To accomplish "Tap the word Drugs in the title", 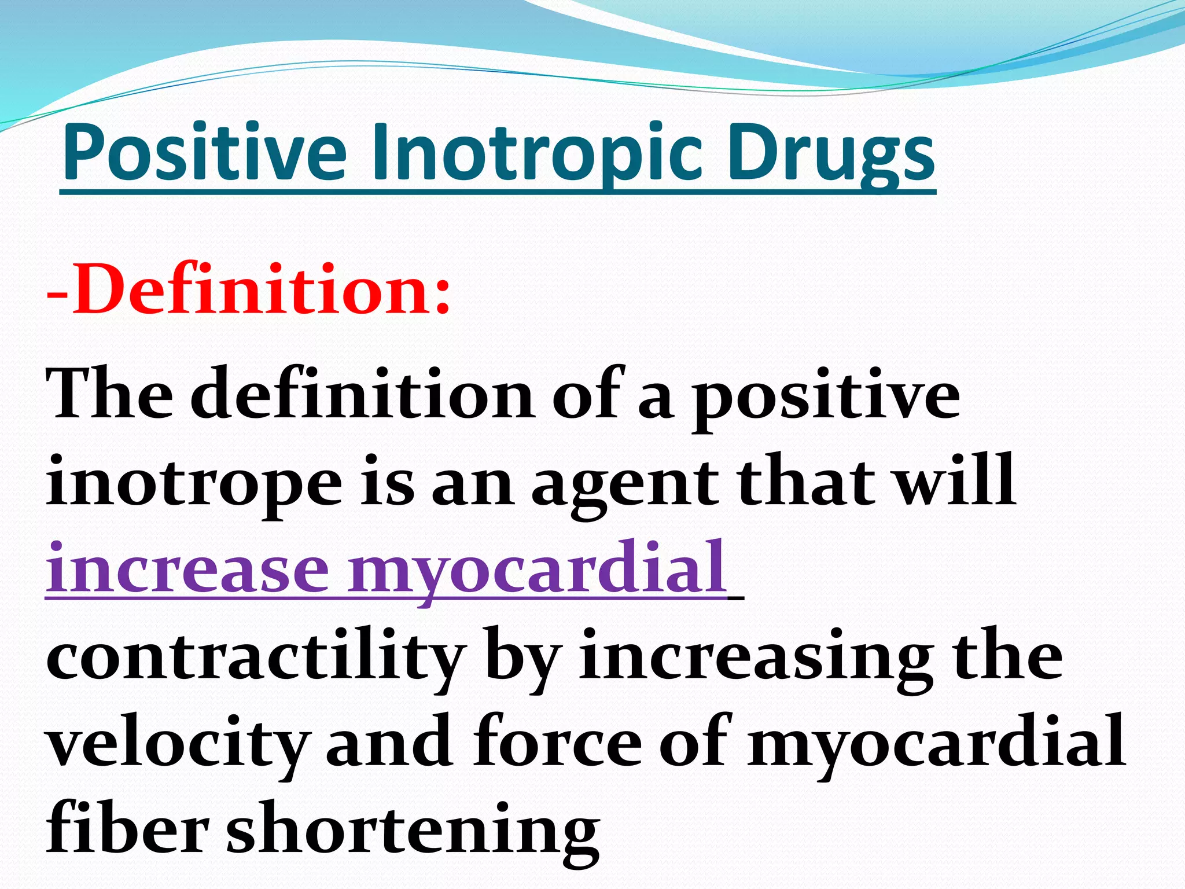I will [x=830, y=153].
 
